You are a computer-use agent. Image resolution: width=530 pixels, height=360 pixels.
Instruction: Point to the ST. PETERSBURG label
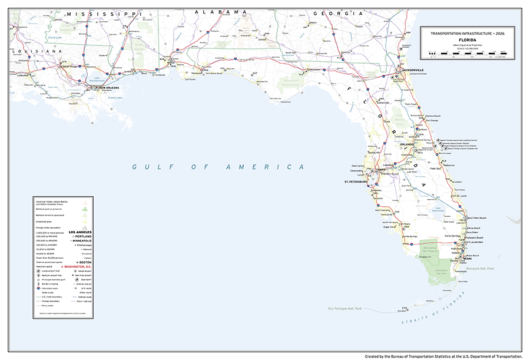tap(356, 181)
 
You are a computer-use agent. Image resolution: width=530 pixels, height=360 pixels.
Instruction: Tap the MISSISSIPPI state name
tap(103, 13)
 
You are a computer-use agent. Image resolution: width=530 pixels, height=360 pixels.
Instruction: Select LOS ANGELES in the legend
tap(81, 232)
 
